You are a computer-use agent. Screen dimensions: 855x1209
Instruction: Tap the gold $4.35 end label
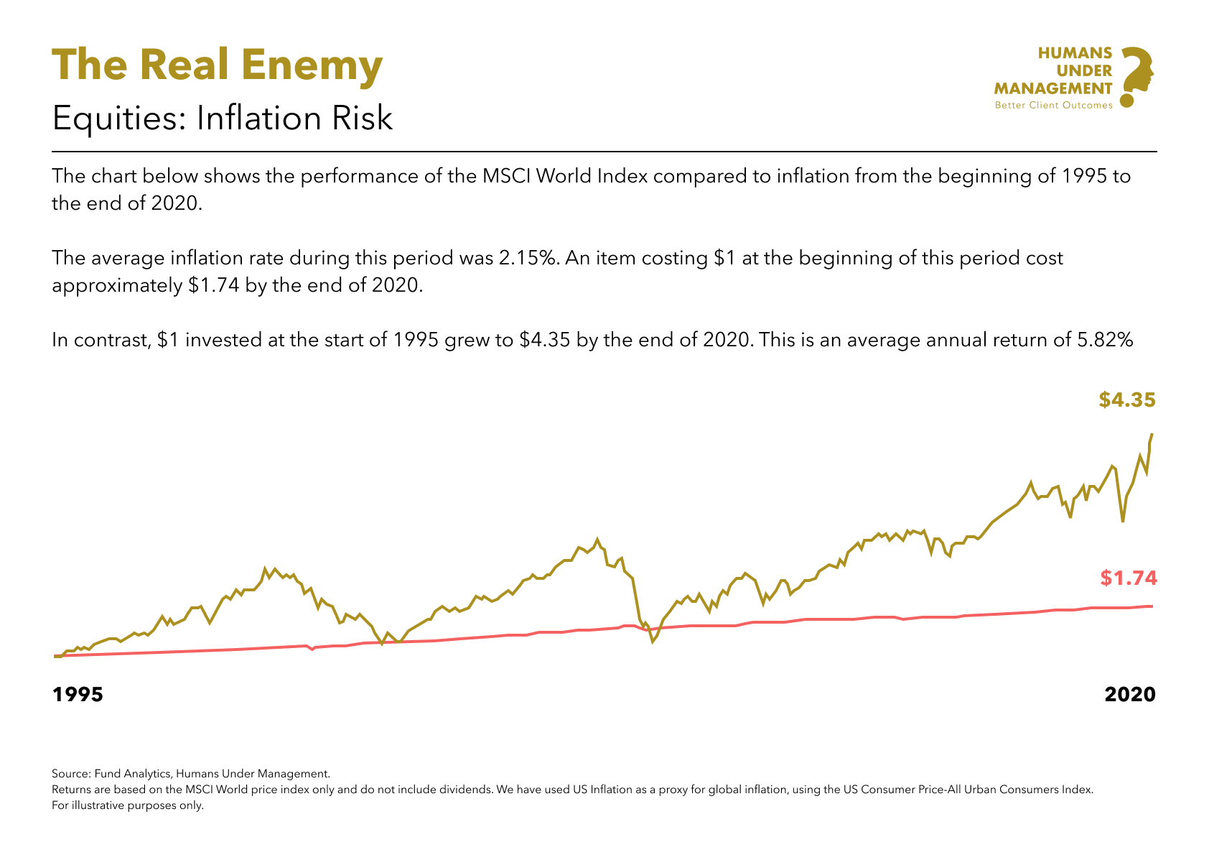pos(1126,400)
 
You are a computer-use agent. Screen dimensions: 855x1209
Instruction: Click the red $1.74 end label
pos(1129,578)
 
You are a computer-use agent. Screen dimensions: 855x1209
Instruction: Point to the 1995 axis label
pos(78,694)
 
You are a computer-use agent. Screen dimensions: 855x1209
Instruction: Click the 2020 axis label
pos(1129,694)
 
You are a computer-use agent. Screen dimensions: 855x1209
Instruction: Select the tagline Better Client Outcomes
pos(1053,105)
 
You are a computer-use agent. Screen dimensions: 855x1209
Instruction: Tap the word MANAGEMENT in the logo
pos(1053,88)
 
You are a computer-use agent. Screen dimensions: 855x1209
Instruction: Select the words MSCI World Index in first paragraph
pos(548,176)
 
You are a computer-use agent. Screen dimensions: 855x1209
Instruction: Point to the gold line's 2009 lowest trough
pos(653,641)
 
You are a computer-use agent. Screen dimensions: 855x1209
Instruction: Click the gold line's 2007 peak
pos(597,539)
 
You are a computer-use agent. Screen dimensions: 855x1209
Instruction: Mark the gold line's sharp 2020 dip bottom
pos(1122,521)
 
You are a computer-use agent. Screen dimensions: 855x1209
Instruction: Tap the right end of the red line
pos(1152,606)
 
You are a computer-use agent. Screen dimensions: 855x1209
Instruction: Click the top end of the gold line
pos(1152,435)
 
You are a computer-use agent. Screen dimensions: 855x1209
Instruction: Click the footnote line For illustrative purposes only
pos(128,805)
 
